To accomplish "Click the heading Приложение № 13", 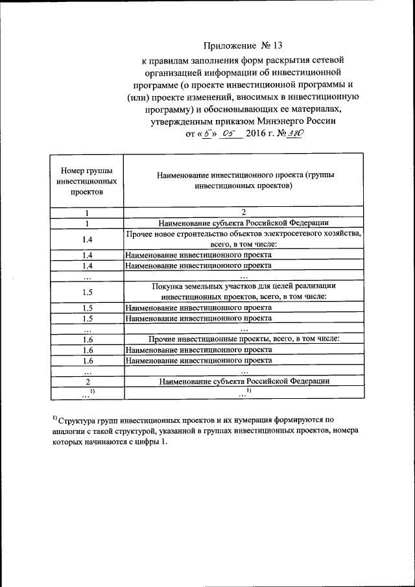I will pyautogui.click(x=243, y=45).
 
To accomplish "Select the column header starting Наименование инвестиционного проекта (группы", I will pyautogui.click(x=243, y=180).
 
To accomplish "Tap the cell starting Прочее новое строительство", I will pyautogui.click(x=243, y=238).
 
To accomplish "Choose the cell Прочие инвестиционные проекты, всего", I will pyautogui.click(x=243, y=339).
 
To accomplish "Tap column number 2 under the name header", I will pyautogui.click(x=243, y=212).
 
